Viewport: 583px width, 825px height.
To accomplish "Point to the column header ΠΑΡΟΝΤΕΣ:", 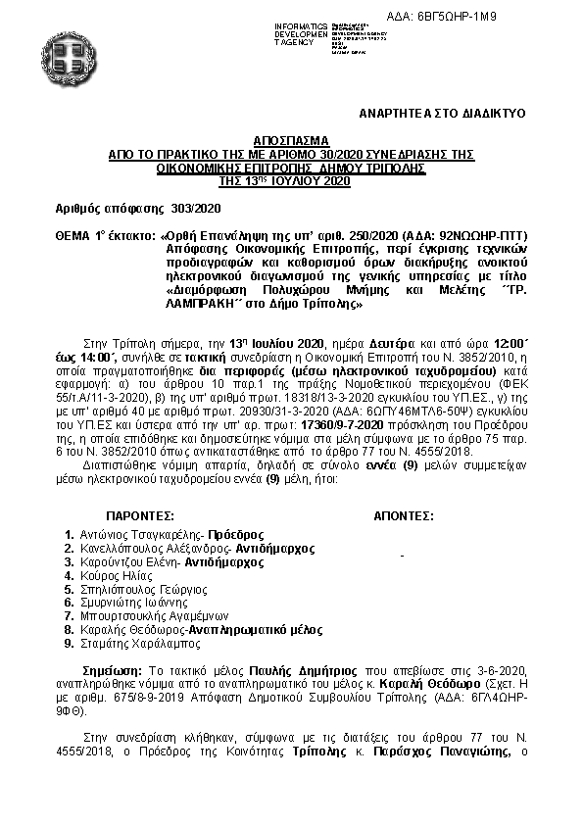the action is click(139, 513).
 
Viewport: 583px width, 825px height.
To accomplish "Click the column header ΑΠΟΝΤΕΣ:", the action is click(404, 513).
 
